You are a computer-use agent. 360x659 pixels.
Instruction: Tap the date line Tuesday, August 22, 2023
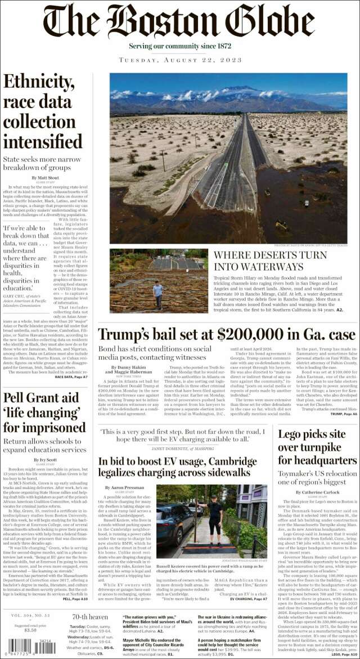tap(179, 60)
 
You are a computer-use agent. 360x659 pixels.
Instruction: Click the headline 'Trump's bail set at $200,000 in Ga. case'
tap(227, 334)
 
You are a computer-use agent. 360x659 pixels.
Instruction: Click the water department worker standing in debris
tap(158, 294)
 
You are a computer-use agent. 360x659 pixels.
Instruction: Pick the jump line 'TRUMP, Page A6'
tap(343, 414)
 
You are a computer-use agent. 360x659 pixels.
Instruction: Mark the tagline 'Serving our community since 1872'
tap(179, 45)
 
